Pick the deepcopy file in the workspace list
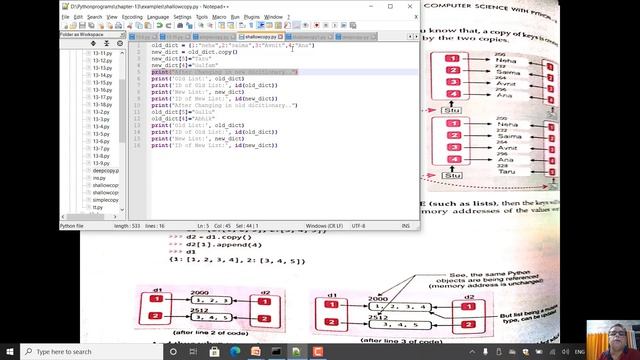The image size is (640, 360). click(104, 171)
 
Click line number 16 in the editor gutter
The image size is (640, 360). click(137, 146)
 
